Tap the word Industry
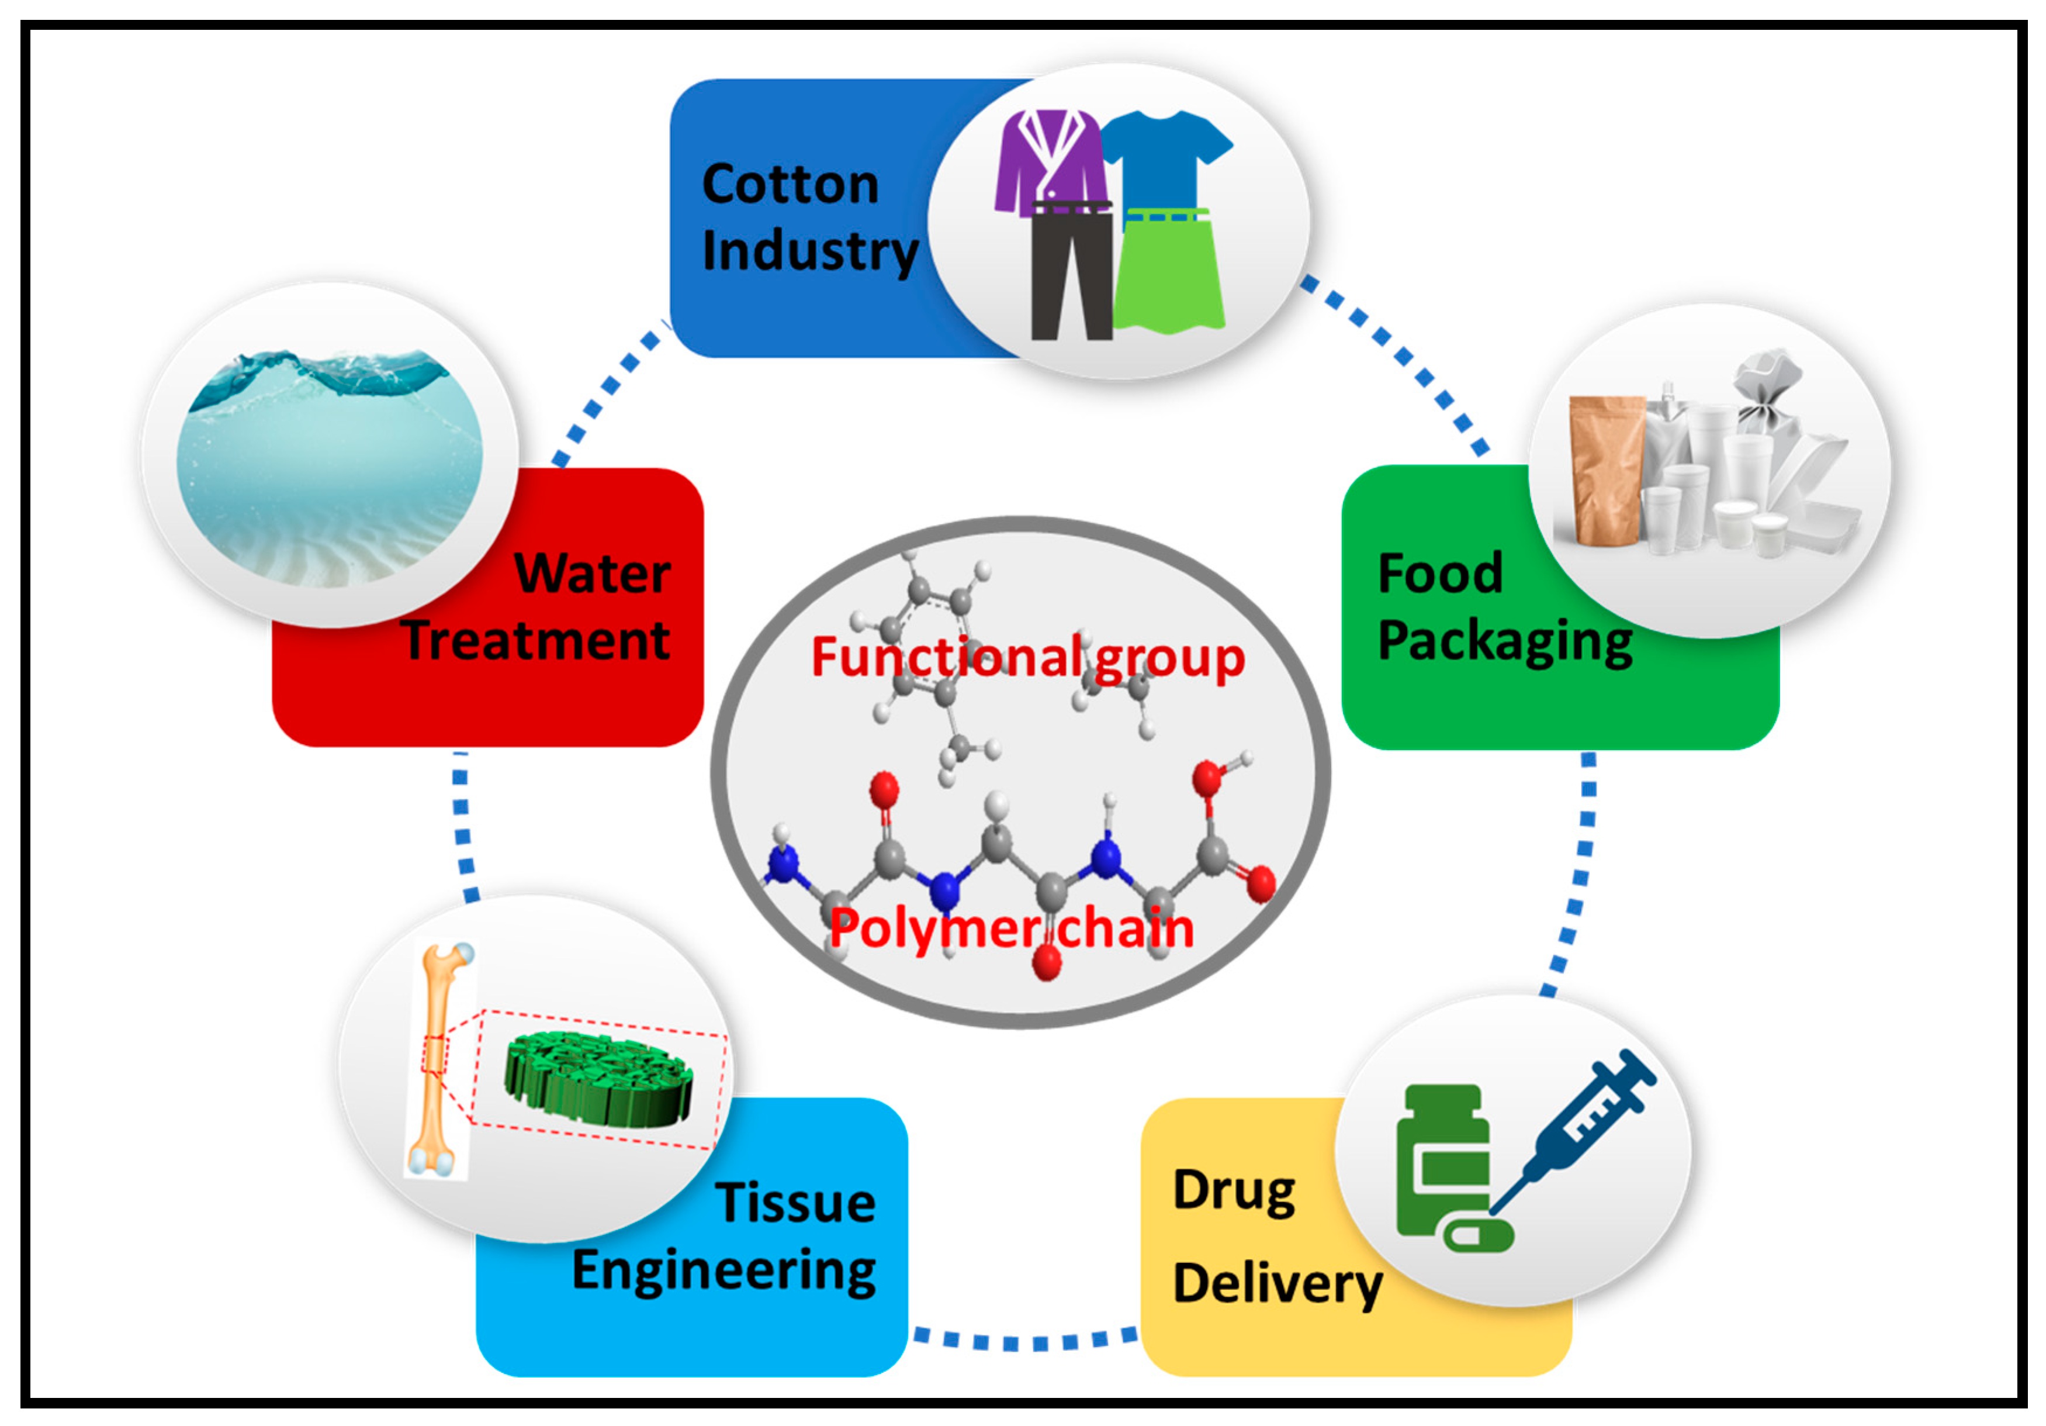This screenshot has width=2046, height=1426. [x=809, y=251]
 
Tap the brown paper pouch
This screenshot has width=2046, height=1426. [x=1604, y=468]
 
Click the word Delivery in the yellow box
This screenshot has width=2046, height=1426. [x=1277, y=1283]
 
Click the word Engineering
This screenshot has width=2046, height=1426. [x=723, y=1270]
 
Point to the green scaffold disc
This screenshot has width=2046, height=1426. [x=597, y=1078]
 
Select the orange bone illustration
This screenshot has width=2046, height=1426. [x=436, y=1061]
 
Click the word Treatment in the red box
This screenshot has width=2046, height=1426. [x=535, y=640]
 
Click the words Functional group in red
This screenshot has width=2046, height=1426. [x=1027, y=658]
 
